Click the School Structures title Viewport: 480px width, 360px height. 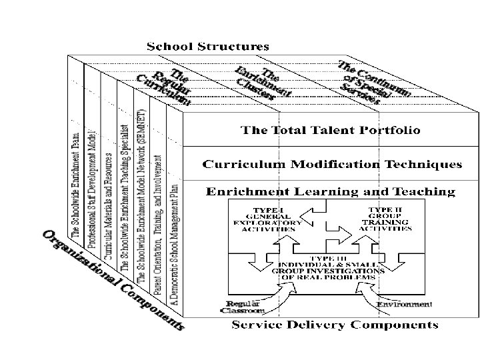click(x=207, y=47)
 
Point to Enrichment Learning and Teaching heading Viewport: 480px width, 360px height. click(x=330, y=192)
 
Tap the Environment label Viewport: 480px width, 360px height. click(x=403, y=305)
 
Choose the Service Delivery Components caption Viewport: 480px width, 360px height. click(x=335, y=325)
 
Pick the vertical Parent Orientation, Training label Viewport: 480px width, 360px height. click(x=158, y=227)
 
